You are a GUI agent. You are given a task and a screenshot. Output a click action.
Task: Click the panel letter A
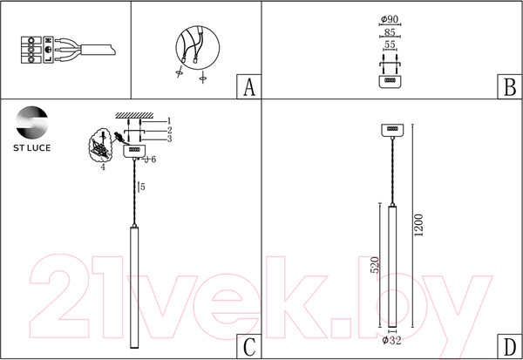coord(249,87)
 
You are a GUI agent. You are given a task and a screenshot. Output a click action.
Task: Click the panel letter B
coord(510,87)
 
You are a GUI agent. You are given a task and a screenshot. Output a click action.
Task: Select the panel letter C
coord(249,347)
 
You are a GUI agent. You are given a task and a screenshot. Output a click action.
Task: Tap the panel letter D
coord(510,347)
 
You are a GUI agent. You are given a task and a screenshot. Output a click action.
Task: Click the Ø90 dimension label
coord(390,19)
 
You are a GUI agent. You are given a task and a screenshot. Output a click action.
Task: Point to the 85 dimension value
coord(390,32)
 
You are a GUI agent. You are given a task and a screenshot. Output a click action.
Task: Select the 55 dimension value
coord(390,44)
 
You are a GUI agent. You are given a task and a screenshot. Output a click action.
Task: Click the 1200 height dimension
coord(418,225)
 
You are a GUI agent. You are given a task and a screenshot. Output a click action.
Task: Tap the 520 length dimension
coord(375,265)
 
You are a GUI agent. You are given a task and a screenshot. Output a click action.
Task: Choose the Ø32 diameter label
coord(391,341)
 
